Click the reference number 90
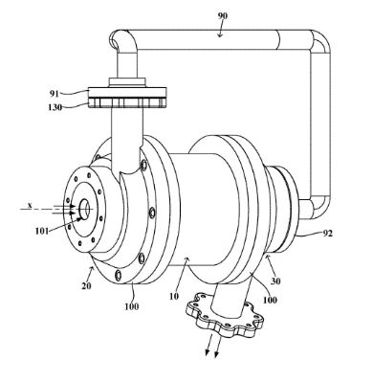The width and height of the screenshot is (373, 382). click(x=223, y=15)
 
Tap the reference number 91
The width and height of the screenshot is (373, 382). click(x=55, y=94)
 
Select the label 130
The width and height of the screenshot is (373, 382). click(x=55, y=107)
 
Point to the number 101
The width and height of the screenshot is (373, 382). click(x=42, y=231)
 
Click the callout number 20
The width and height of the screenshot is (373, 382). click(x=86, y=285)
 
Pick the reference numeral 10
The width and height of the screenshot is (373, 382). click(x=174, y=296)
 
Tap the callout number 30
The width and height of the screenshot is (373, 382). click(x=275, y=281)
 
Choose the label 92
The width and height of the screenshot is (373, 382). click(x=327, y=234)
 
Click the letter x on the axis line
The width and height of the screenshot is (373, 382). click(x=30, y=206)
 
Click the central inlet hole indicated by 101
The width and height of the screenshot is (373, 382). click(x=84, y=210)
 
